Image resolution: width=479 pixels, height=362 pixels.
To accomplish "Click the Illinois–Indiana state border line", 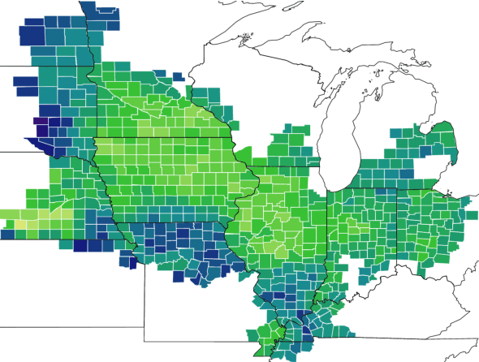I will pyautogui.click(x=327, y=227).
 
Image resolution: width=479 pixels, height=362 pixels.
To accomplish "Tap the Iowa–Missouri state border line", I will pyautogui.click(x=170, y=222).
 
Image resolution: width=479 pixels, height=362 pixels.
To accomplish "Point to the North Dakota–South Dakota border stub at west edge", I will pyautogui.click(x=8, y=65).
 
